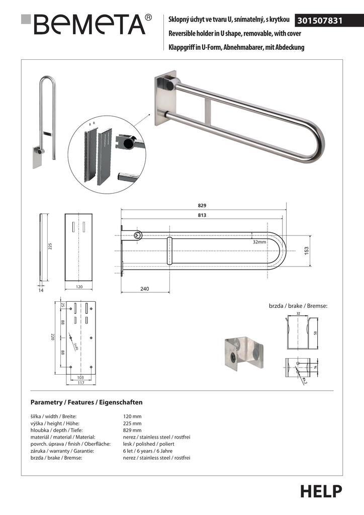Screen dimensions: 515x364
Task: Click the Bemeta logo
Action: [x=86, y=24]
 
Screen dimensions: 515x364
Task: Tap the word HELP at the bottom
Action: [x=321, y=491]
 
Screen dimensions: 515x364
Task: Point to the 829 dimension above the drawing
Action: [x=202, y=205]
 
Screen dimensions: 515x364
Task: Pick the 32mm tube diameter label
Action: [x=260, y=241]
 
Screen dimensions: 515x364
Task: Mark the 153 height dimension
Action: [x=306, y=250]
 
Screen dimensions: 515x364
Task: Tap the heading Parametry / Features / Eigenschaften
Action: [x=86, y=402]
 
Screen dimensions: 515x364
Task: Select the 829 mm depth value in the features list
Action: [x=132, y=431]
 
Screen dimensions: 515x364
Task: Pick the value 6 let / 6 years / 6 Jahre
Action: [x=145, y=451]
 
